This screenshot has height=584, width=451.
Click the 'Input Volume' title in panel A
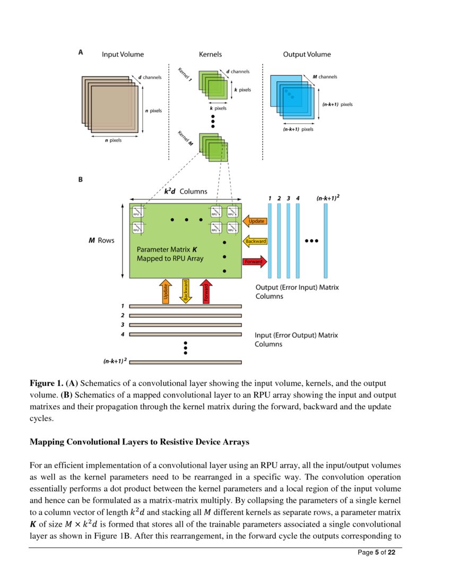(123, 54)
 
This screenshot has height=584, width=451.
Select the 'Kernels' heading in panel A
(210, 54)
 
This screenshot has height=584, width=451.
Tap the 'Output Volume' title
(307, 54)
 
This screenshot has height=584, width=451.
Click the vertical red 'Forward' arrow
(205, 291)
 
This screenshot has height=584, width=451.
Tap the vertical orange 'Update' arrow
(166, 291)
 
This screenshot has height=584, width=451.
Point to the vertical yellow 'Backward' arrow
(186, 291)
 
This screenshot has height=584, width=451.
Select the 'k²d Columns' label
(185, 191)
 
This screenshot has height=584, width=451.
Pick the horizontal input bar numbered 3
(185, 324)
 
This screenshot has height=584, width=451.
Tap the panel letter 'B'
(80, 179)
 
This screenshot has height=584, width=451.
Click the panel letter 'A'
(80, 52)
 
